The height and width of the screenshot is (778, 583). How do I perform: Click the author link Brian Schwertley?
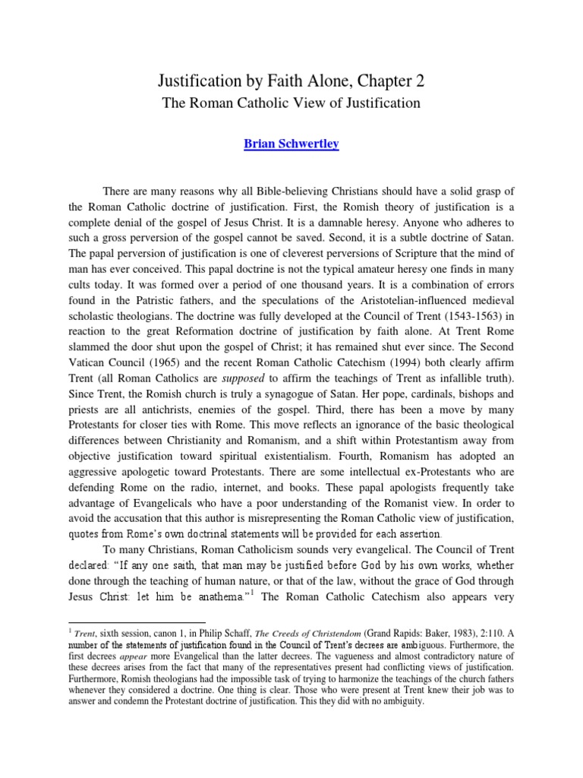(291, 144)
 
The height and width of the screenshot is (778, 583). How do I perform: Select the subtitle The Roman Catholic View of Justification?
(291, 103)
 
